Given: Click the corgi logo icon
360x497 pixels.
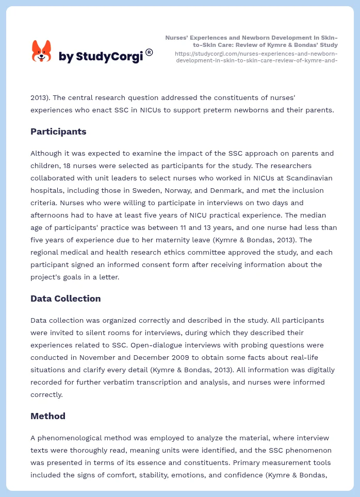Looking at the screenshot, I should click(42, 52).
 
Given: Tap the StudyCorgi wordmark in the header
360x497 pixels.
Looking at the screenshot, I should click(101, 57).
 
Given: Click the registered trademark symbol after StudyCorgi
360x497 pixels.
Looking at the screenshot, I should click(149, 52).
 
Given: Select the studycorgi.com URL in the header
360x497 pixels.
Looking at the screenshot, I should click(256, 57).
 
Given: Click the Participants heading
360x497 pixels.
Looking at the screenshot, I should click(58, 131).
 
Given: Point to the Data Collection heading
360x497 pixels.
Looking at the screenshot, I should click(66, 299).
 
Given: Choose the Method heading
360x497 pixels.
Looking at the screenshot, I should click(48, 416).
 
